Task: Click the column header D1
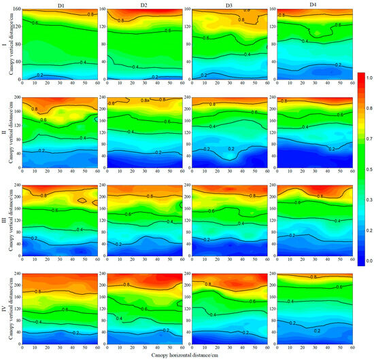coord(60,5)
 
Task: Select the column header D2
coord(143,5)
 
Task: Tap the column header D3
coord(227,5)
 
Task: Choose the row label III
coord(3,219)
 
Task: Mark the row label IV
coord(3,307)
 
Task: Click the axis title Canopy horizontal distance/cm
coord(187,356)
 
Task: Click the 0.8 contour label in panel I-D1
coord(91,14)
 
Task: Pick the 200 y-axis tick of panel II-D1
coord(17,98)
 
